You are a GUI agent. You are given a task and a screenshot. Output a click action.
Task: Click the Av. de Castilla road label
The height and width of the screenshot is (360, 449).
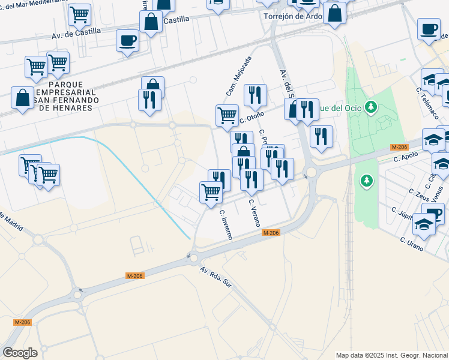click(x=74, y=32)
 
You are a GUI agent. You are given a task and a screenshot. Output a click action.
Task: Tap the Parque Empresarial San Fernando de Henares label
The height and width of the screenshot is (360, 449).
click(x=64, y=95)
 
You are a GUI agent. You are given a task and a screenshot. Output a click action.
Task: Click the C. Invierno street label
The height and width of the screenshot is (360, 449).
click(x=226, y=224)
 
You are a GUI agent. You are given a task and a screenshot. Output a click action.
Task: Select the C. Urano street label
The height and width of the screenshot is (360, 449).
click(x=412, y=244)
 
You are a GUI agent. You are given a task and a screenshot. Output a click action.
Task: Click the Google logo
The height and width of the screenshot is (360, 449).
click(x=20, y=353)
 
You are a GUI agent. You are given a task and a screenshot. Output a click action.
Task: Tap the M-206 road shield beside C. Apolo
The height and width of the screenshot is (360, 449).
click(x=399, y=147)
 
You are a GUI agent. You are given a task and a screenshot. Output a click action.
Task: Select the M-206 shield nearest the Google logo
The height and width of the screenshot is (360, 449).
click(x=22, y=322)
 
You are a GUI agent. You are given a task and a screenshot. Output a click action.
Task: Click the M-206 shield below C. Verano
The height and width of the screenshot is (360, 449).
click(x=271, y=233)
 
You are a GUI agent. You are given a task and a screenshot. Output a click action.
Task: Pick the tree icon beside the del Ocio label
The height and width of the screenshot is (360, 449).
click(x=372, y=107)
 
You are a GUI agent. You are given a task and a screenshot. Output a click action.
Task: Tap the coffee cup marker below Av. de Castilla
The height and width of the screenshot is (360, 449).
click(x=127, y=41)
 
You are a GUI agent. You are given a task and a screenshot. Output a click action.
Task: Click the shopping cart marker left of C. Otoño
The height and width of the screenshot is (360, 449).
click(x=227, y=115)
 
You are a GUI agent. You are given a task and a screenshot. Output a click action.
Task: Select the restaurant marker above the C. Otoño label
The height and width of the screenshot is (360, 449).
click(x=255, y=94)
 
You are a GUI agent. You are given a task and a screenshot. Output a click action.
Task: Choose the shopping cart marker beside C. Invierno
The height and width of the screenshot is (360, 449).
click(x=211, y=193)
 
